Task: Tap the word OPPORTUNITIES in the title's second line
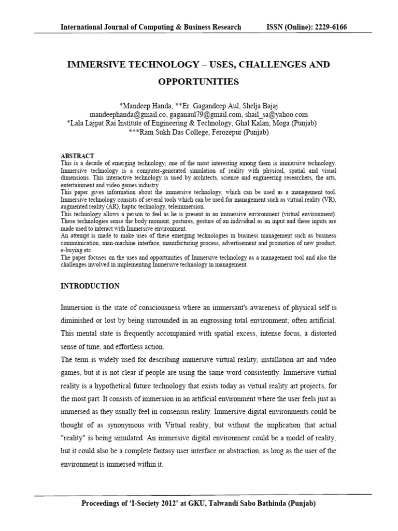pos(199,81)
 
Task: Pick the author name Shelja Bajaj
pos(255,106)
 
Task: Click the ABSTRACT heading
pos(78,156)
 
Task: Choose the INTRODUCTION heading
pos(90,286)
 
